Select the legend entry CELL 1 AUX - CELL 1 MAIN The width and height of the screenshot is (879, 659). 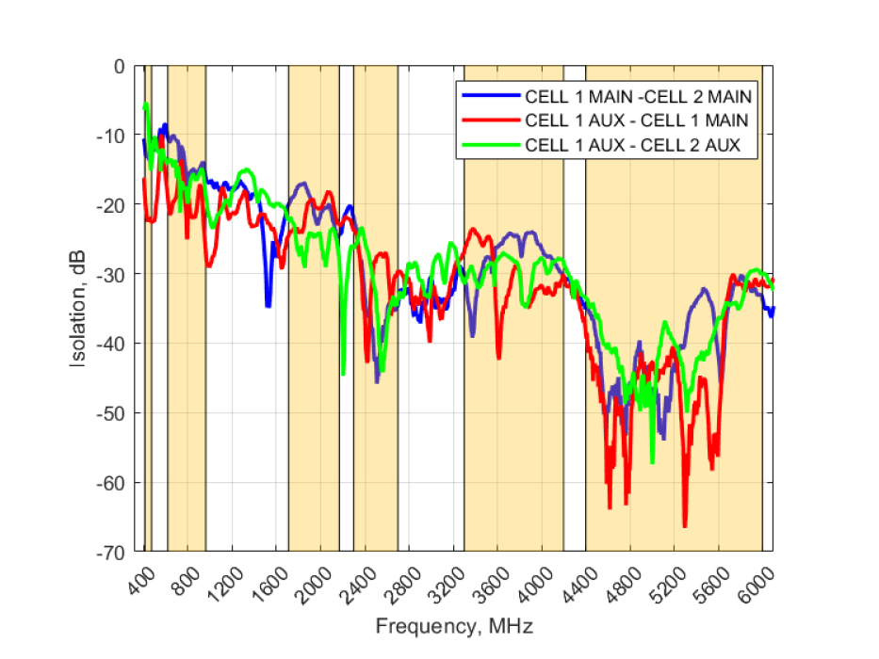pyautogui.click(x=637, y=121)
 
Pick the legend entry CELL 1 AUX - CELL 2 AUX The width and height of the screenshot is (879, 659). pyautogui.click(x=632, y=145)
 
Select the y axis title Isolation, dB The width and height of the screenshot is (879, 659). pyautogui.click(x=83, y=308)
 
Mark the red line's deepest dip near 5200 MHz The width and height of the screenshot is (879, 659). pyautogui.click(x=685, y=526)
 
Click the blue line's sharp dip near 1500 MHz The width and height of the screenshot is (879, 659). pyautogui.click(x=269, y=306)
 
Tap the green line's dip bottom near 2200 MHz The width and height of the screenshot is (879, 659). pyautogui.click(x=343, y=374)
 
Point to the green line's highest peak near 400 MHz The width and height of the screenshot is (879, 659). pyautogui.click(x=147, y=104)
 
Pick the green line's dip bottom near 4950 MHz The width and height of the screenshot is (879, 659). pyautogui.click(x=652, y=462)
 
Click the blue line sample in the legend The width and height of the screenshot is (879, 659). pyautogui.click(x=489, y=96)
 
